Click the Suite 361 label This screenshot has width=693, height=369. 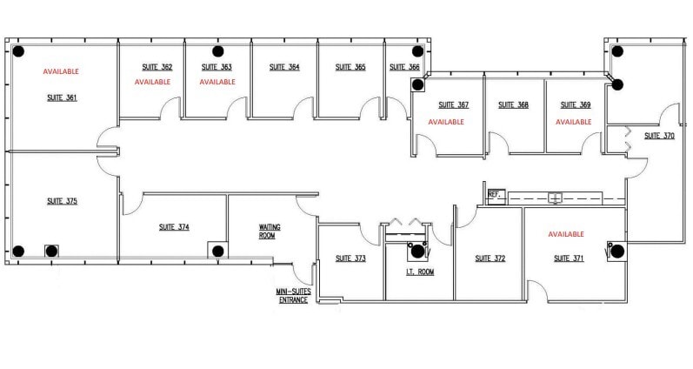62,97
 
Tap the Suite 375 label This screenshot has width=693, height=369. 62,201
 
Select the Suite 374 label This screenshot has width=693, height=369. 174,227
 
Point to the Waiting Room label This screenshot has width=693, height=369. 270,231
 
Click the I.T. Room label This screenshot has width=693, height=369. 420,272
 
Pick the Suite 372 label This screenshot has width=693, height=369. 490,258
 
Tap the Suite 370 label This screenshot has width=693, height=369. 658,136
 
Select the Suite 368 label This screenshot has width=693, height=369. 513,105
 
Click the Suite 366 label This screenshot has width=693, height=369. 404,67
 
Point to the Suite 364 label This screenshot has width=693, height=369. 283,67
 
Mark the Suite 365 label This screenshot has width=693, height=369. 350,67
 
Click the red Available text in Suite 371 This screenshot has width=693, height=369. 565,234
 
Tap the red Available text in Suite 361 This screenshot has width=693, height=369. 61,71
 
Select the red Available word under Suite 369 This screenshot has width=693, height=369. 573,122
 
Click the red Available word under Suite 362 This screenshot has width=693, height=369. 152,82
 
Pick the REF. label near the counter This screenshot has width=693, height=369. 495,194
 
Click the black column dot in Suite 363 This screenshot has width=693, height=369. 215,50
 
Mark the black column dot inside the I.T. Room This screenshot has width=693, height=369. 417,252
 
